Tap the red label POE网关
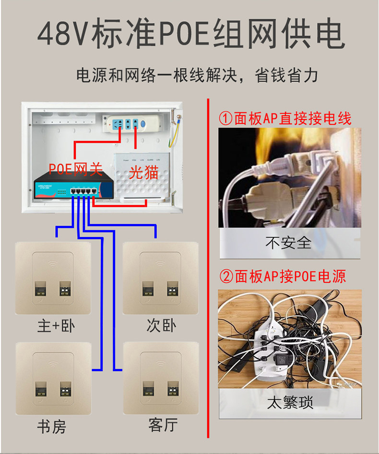(75, 169)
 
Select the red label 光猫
(143, 172)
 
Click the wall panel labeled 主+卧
(53, 278)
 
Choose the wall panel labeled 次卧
(161, 278)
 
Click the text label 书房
(52, 426)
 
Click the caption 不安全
(288, 243)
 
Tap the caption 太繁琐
(290, 402)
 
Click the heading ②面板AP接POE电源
(283, 276)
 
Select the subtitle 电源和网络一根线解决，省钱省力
(197, 76)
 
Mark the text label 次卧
(161, 326)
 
